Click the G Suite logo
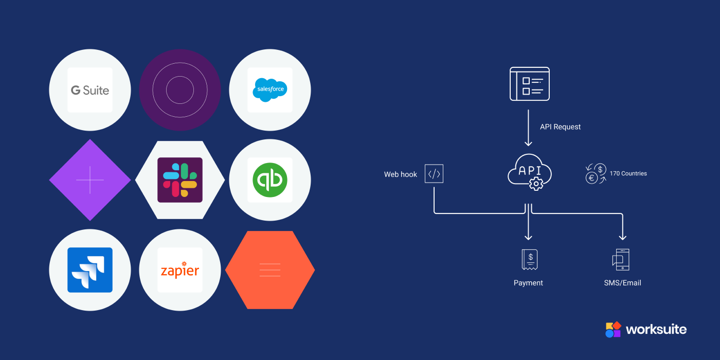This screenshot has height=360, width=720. tap(90, 91)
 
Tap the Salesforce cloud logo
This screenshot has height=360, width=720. tap(269, 90)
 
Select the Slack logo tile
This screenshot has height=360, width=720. tap(180, 180)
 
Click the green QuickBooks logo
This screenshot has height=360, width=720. tap(269, 180)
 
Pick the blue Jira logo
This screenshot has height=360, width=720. tap(90, 270)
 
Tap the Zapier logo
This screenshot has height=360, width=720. tap(180, 271)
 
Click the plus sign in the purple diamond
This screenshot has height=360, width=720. tap(90, 180)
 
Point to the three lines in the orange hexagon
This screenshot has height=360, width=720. tap(270, 270)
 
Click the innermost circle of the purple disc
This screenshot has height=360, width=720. tap(180, 90)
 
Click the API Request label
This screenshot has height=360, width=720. tap(560, 127)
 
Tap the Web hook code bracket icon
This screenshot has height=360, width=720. tap(434, 174)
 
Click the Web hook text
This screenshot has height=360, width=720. tap(401, 174)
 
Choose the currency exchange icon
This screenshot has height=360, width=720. tap(596, 174)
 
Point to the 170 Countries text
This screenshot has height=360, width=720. tap(628, 174)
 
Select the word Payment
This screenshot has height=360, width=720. tap(528, 283)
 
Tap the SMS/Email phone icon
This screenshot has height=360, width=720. tap(621, 260)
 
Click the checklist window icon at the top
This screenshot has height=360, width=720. tap(529, 84)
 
